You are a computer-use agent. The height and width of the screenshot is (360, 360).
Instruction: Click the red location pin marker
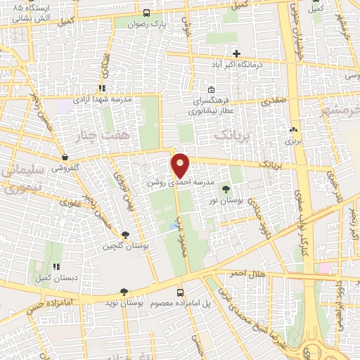pos(181,165)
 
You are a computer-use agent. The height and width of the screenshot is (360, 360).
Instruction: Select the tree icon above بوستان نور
pos(226,189)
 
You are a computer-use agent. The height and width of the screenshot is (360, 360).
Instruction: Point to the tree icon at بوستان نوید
pos(124,292)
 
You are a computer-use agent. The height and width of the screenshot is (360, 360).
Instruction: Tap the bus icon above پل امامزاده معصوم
pos(180,292)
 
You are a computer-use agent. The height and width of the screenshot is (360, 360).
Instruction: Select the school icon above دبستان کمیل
pos(56,267)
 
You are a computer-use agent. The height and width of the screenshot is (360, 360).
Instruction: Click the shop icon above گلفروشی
pos(65,157)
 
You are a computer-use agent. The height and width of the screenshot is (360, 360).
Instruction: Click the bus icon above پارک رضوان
pos(146,13)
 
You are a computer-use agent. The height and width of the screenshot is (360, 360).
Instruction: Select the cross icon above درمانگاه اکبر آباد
pos(236,53)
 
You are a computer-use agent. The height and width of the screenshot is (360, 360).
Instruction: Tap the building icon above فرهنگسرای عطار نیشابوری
pos(212,90)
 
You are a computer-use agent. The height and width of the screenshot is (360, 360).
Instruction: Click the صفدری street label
pos(275,101)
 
